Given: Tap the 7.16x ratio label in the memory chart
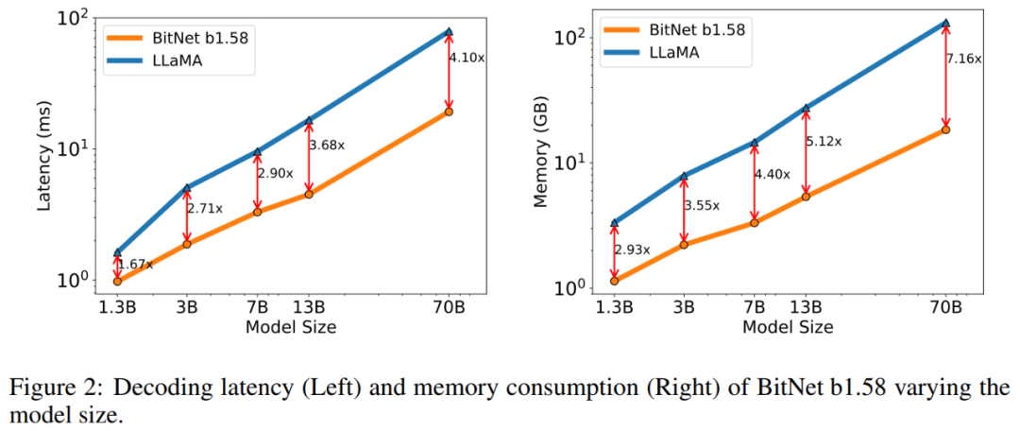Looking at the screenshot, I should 963,58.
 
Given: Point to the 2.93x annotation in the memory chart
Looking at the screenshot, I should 633,250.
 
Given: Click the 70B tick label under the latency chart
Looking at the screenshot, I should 450,307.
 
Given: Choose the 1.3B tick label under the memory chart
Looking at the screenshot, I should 615,307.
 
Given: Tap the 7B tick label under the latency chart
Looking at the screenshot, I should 257,307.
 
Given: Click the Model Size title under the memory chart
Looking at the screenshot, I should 788,327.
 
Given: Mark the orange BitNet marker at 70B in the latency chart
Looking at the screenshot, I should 450,112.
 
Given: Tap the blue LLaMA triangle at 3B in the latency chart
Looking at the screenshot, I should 187,188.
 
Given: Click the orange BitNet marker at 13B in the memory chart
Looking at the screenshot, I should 806,196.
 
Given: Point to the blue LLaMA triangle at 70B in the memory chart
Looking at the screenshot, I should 946,23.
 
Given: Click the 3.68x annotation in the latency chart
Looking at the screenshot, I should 327,145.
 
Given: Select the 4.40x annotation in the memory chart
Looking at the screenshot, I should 773,174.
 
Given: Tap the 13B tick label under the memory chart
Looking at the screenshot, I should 806,307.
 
